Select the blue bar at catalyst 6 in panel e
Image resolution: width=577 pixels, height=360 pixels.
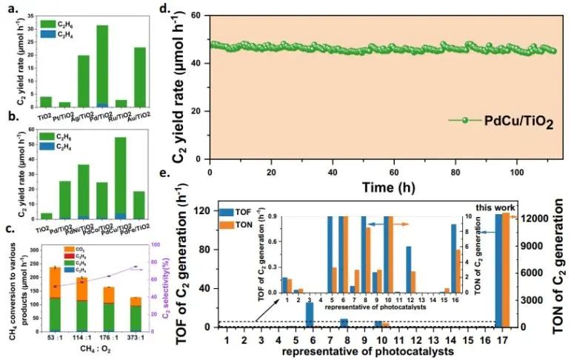(x=310, y=315)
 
